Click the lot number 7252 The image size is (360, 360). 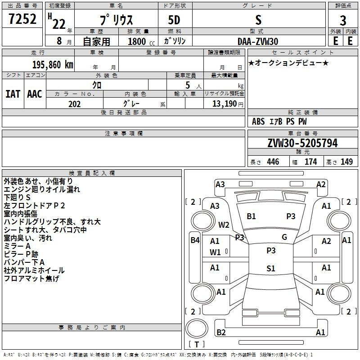[22, 19]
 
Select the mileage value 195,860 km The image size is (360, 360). [53, 65]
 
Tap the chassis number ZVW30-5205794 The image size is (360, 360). [302, 143]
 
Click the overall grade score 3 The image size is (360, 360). [343, 20]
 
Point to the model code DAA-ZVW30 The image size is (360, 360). [258, 41]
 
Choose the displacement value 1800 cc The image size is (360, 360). [141, 41]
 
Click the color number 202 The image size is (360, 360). [74, 104]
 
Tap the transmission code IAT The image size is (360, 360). [13, 94]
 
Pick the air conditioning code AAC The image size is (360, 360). [35, 94]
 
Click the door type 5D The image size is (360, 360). [174, 20]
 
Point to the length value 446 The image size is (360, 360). [273, 162]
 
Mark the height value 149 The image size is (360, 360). [346, 162]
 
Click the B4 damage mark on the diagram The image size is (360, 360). [195, 240]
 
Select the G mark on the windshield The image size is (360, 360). [284, 237]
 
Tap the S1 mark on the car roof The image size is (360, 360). [271, 268]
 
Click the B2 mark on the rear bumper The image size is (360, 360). [221, 332]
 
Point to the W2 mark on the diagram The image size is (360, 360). [224, 225]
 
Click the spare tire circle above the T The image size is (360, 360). [197, 328]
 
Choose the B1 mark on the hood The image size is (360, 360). [251, 216]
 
